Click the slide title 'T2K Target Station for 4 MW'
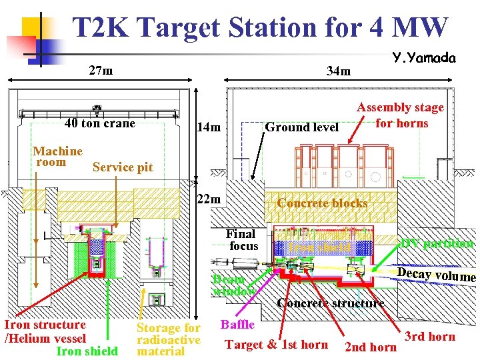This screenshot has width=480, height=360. [x=260, y=28]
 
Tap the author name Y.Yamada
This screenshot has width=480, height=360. [x=424, y=59]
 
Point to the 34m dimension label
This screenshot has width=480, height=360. [x=338, y=71]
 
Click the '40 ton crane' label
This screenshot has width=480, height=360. [x=99, y=123]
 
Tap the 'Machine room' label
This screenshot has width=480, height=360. [x=58, y=157]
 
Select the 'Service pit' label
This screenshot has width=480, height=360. [x=123, y=167]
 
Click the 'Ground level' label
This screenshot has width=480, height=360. [x=302, y=127]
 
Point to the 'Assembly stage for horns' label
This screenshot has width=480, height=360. [x=400, y=115]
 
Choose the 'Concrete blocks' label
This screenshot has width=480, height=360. [x=322, y=203]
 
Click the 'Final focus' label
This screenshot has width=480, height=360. [x=241, y=240]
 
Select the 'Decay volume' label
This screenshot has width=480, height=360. [x=436, y=275]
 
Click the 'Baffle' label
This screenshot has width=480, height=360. [x=237, y=325]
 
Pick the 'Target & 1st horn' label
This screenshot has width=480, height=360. [x=276, y=344]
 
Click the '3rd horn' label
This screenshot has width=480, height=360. [x=430, y=336]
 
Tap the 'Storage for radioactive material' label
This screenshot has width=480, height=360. [x=168, y=339]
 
